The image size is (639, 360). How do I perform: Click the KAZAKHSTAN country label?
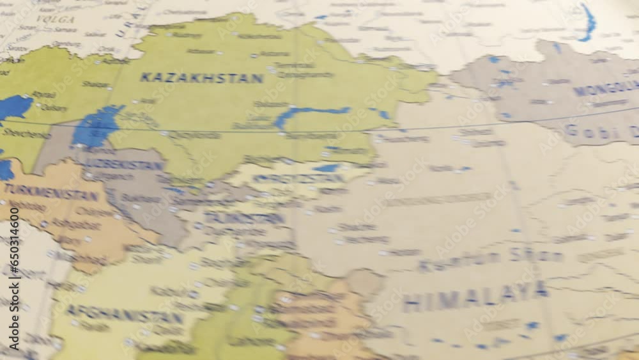tap(201, 78)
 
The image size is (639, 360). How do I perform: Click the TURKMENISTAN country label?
tap(51, 191)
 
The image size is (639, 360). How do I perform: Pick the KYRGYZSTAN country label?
tap(290, 178)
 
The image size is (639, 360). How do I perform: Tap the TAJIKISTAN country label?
tap(244, 218)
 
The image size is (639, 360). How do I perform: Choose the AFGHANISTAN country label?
tap(125, 315)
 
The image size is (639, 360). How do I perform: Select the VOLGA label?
tap(55, 19)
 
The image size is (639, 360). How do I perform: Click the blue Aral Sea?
tap(96, 126)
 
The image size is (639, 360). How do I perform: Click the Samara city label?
tap(65, 29)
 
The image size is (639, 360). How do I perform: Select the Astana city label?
tap(275, 54)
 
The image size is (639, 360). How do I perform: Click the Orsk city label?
tap(106, 49)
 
